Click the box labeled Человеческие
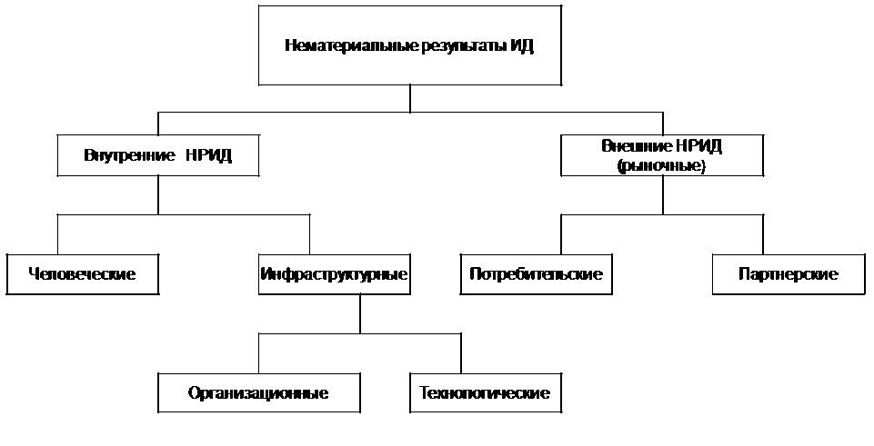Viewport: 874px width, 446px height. tap(82, 273)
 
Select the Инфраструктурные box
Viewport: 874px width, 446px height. tap(333, 273)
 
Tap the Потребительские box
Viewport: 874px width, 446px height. tap(537, 273)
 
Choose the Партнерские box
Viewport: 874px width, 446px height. tap(788, 273)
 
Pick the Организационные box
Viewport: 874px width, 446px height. tap(258, 393)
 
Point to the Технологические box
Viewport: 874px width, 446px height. tap(485, 393)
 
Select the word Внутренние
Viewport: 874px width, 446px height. tap(121, 154)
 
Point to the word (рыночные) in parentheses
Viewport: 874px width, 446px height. tap(661, 165)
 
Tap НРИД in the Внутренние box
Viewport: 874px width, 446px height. tap(209, 154)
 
